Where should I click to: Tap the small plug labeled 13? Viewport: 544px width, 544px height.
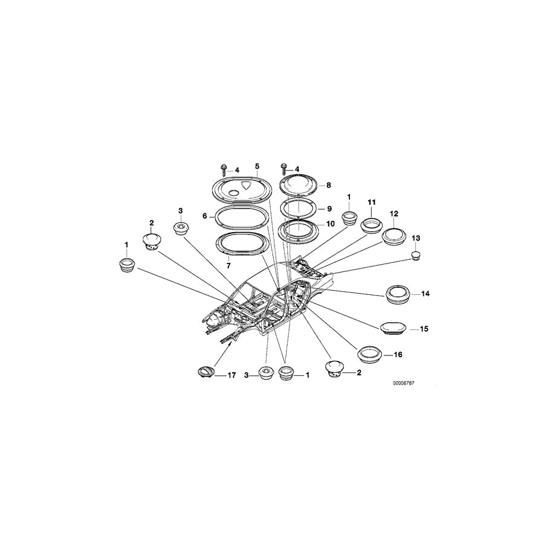(416, 257)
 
